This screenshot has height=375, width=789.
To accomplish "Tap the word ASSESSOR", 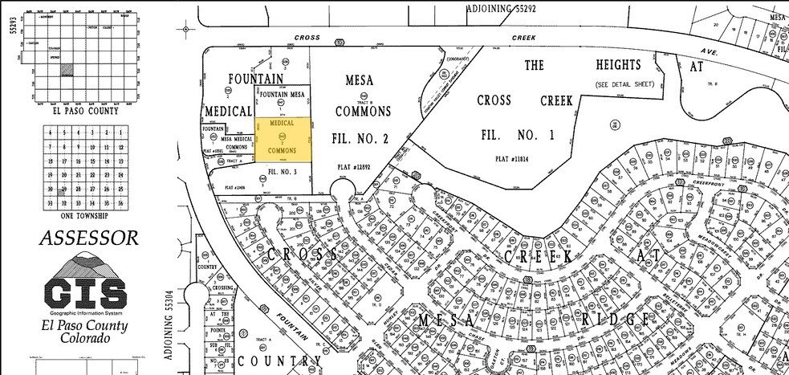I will click(88, 238).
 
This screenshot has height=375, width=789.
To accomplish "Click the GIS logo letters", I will click(86, 290).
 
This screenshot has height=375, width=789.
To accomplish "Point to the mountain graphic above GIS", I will click(85, 265).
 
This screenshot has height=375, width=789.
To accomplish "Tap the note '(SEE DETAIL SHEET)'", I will click(625, 84).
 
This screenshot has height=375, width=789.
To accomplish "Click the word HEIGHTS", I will click(618, 65).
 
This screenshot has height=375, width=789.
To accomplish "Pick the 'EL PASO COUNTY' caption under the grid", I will click(83, 111).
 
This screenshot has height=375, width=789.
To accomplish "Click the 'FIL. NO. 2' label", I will click(360, 138).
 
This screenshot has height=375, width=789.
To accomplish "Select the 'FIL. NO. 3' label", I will click(283, 172).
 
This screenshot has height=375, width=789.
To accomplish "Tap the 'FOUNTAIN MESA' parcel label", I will click(283, 95).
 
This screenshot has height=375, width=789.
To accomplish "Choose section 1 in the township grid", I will click(118, 133).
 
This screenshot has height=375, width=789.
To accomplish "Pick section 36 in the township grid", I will click(118, 204).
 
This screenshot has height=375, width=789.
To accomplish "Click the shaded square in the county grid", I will click(68, 70).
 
